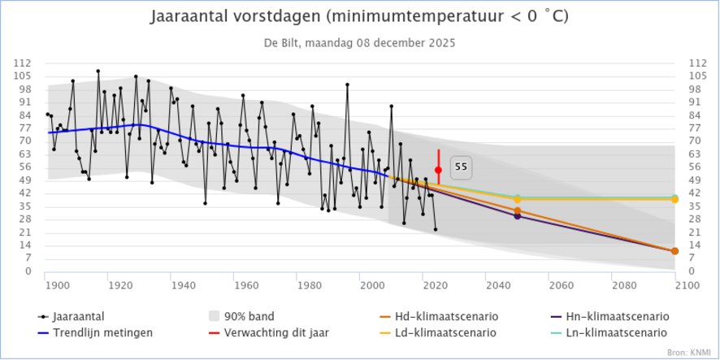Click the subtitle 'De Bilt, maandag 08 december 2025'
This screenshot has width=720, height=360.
[x=359, y=42]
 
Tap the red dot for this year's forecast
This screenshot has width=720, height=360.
[x=438, y=170]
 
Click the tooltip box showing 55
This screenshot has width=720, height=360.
[x=461, y=167]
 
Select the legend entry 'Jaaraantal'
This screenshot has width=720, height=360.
[x=80, y=316]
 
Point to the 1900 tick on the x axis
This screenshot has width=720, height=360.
[x=56, y=285]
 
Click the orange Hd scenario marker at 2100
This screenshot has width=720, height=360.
[x=675, y=251]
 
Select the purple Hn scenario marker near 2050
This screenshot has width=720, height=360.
[x=518, y=216]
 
